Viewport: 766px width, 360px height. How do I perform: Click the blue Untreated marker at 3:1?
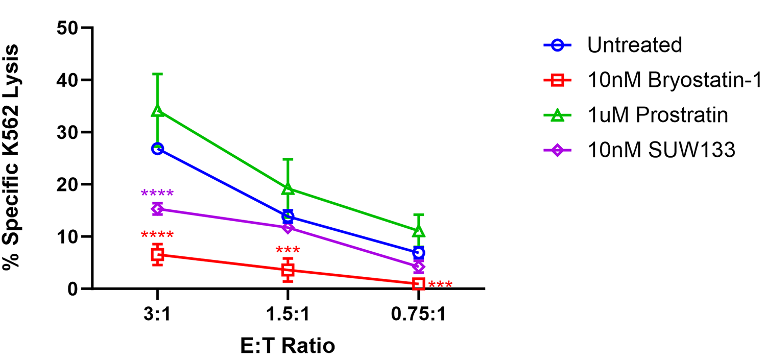(157, 149)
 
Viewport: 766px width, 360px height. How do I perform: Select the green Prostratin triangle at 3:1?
(157, 111)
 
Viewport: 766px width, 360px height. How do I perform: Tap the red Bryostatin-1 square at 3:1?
(157, 255)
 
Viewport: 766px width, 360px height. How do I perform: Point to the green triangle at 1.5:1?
(288, 189)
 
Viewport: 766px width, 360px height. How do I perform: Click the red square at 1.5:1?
(288, 270)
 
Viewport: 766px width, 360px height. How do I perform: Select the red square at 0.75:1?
(419, 283)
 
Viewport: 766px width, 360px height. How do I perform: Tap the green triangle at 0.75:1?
(419, 231)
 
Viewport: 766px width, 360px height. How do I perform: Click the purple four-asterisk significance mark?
(157, 194)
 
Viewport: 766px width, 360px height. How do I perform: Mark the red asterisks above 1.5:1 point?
(288, 251)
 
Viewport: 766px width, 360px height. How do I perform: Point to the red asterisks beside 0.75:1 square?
(440, 284)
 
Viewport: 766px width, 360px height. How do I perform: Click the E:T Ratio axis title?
(288, 346)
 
